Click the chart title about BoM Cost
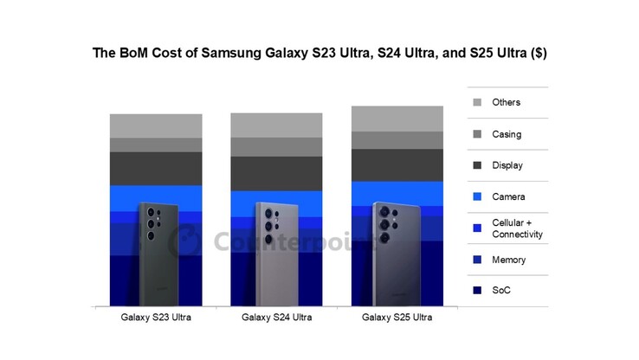coord(319,53)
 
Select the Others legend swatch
coord(477,103)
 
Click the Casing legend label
coord(507,134)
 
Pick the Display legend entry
coord(507,165)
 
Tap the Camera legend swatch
coord(477,197)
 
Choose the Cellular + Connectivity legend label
coord(517,228)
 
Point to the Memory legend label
coord(509,260)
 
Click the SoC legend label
coord(502,291)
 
